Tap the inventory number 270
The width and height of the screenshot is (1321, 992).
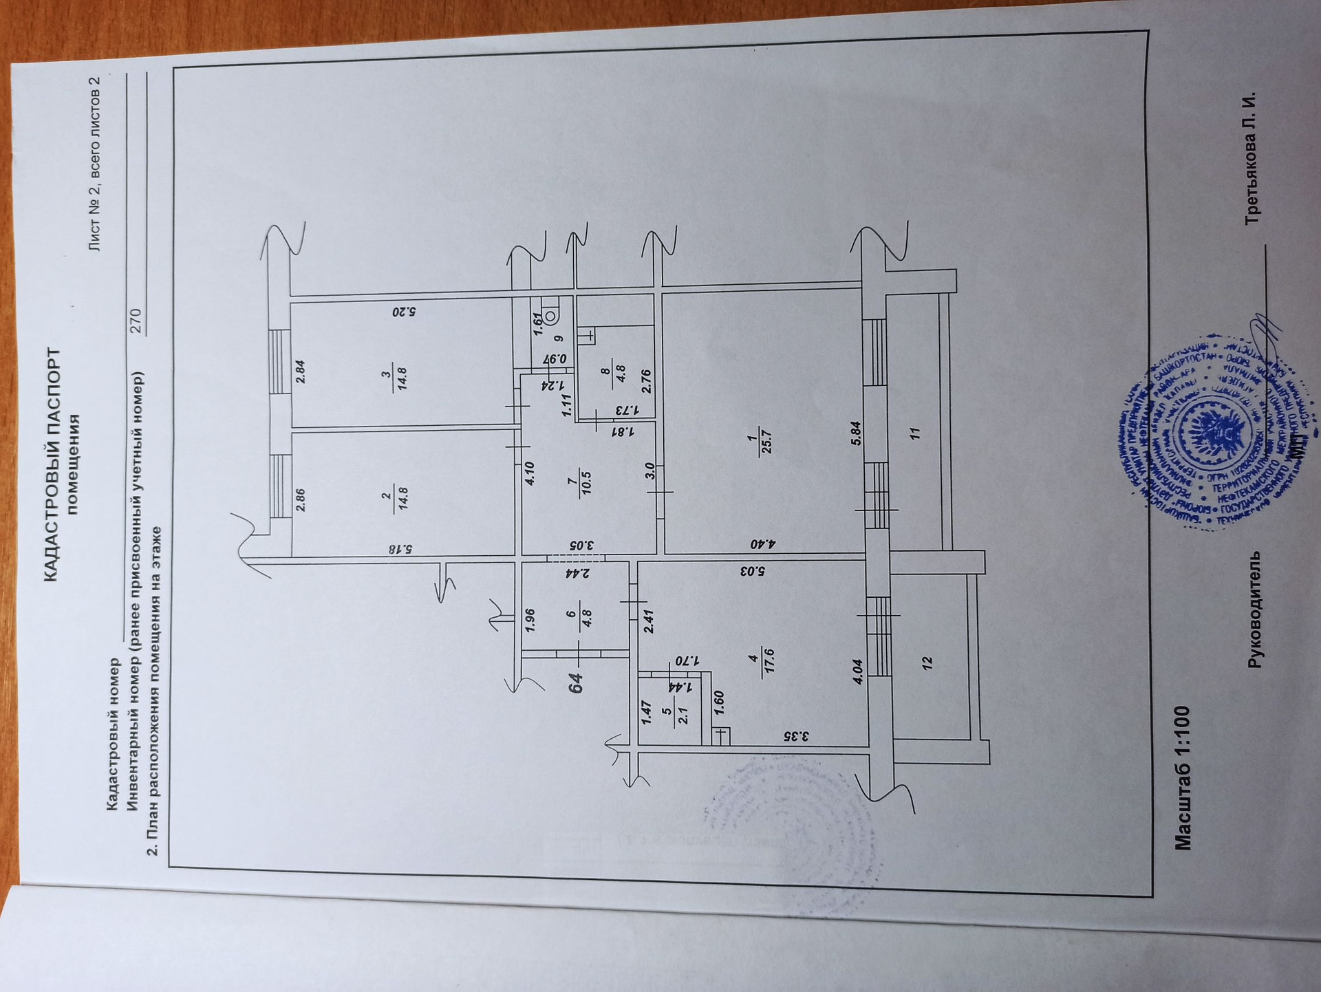[136, 321]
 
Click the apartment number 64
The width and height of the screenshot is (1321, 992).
[576, 682]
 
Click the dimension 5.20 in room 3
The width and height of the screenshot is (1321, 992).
[404, 312]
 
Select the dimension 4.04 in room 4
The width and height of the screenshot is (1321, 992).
[857, 671]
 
